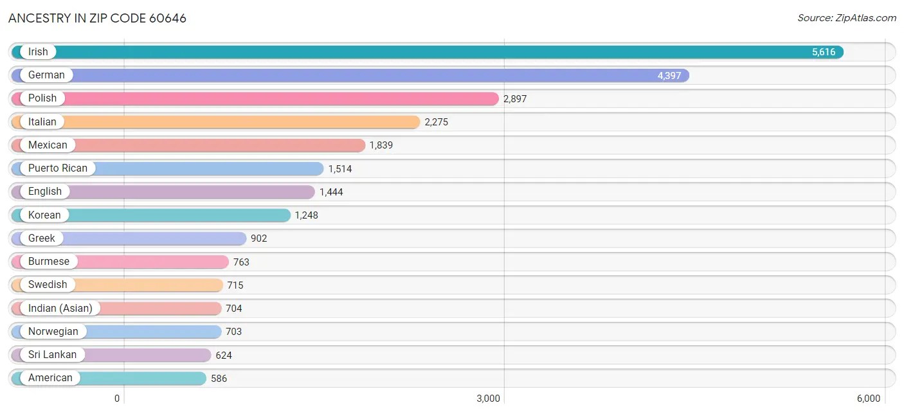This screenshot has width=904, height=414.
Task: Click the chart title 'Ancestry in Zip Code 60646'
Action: coord(98,18)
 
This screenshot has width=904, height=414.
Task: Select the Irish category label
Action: coord(38,52)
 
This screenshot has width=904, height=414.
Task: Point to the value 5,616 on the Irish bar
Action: coord(823,52)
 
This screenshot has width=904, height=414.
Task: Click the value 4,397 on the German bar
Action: coord(669,75)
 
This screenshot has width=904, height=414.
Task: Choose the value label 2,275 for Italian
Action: coord(436,122)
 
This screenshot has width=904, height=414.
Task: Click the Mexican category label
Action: coord(48,145)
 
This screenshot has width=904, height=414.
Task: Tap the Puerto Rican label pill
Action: coord(57,168)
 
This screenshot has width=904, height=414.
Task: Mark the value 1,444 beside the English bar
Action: coord(331,192)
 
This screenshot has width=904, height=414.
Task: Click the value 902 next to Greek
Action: coord(258,239)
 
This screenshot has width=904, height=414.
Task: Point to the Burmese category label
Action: coord(48,262)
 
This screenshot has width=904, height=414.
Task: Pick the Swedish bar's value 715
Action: coord(235,285)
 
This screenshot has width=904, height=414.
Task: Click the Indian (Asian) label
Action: coord(60,308)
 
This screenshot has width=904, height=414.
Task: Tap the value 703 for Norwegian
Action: coord(233,332)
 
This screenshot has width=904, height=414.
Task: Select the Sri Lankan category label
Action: coord(52,355)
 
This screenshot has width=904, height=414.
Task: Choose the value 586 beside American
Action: coord(219,379)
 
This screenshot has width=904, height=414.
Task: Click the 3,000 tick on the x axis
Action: coord(488,399)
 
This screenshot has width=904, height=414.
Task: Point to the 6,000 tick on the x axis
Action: coord(868,399)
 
